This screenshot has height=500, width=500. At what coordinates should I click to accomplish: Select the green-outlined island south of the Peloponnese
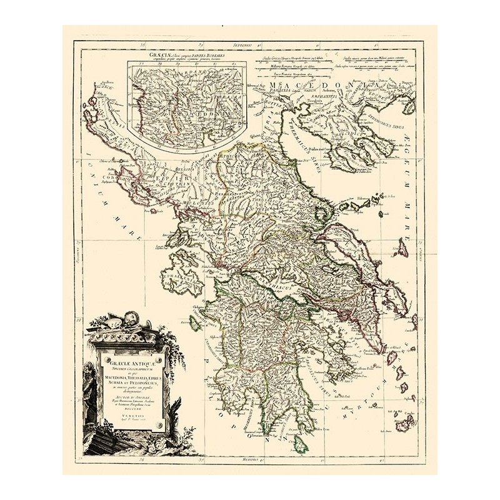click(301, 444)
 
